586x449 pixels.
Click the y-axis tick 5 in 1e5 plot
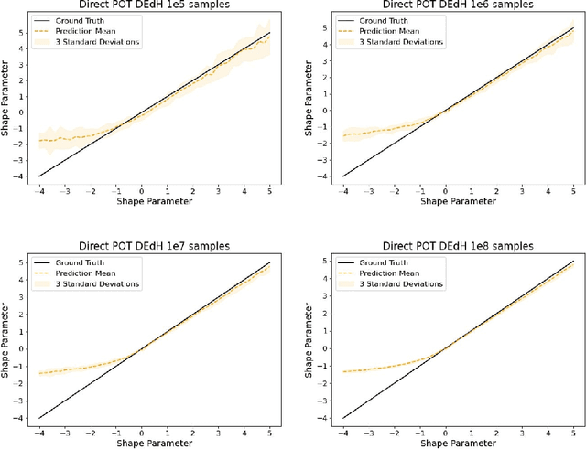(21, 32)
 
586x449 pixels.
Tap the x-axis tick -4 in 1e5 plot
(37, 192)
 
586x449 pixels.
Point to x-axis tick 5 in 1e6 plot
(571, 192)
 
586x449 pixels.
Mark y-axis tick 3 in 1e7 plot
(21, 305)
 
